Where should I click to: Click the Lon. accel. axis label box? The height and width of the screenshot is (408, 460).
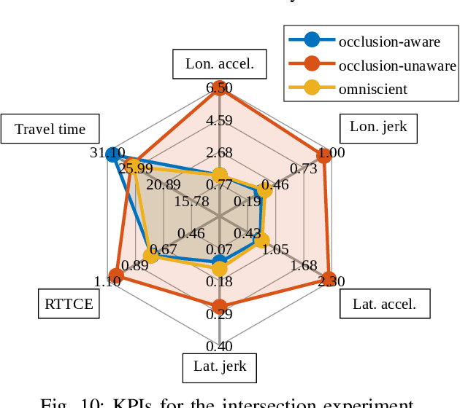click(220, 64)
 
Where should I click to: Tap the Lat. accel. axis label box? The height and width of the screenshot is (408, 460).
click(384, 304)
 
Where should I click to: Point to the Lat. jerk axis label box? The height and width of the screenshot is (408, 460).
click(220, 366)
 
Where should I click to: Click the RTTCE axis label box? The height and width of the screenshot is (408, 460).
click(69, 304)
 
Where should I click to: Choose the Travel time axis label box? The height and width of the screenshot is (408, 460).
click(50, 130)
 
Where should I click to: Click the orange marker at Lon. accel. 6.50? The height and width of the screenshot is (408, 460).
click(219, 88)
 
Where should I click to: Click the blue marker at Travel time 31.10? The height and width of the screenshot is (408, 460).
click(112, 154)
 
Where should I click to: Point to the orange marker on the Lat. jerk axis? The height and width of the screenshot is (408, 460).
click(219, 306)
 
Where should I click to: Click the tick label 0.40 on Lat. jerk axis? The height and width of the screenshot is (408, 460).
click(219, 347)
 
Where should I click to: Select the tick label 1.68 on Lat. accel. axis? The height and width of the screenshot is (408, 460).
click(303, 265)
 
